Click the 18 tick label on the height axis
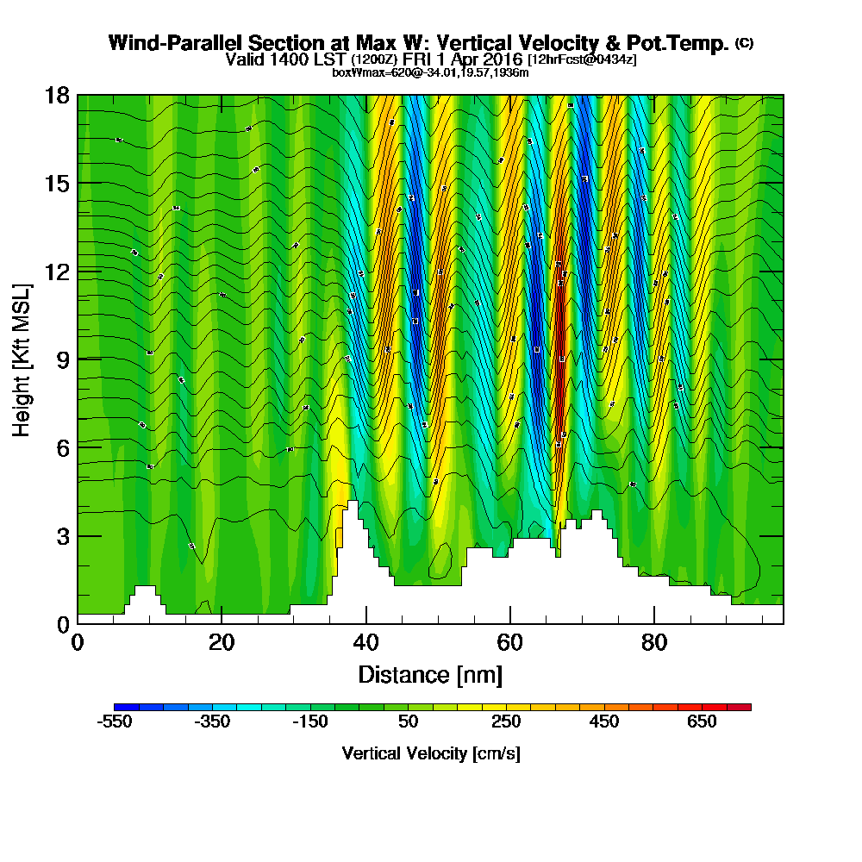tap(57, 95)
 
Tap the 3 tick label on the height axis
tap(62, 536)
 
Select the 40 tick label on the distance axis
tap(366, 642)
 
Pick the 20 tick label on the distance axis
tap(222, 642)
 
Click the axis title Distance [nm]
tap(430, 673)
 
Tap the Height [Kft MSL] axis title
tap(21, 359)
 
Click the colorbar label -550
tap(114, 721)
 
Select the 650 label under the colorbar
tap(702, 721)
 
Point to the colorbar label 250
tap(506, 721)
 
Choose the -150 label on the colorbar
tap(309, 721)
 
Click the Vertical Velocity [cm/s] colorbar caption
tap(431, 753)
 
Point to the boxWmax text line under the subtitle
tap(430, 72)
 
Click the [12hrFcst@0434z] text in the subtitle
tap(582, 59)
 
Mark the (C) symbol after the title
tap(744, 42)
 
